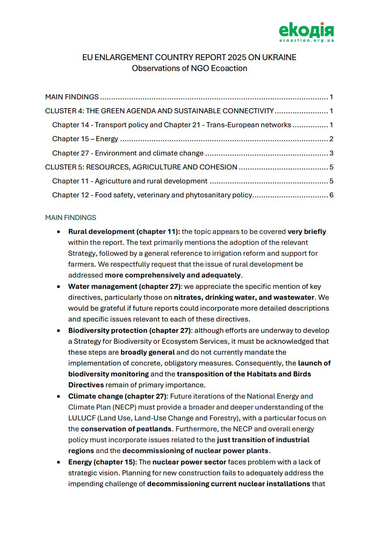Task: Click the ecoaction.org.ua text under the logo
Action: [306, 40]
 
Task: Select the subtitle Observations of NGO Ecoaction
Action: [189, 68]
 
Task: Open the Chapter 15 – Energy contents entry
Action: [85, 139]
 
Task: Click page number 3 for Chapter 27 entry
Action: [331, 153]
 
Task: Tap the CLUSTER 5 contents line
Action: [141, 167]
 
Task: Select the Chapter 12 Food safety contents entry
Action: [152, 195]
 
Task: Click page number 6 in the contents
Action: [331, 195]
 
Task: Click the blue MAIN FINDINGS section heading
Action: [71, 217]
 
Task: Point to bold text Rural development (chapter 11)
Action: [124, 232]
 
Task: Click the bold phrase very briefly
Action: [307, 232]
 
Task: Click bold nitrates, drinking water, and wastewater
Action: [244, 298]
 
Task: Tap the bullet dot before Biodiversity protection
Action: [58, 331]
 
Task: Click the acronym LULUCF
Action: [82, 418]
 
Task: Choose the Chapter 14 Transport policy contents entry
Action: [171, 125]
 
